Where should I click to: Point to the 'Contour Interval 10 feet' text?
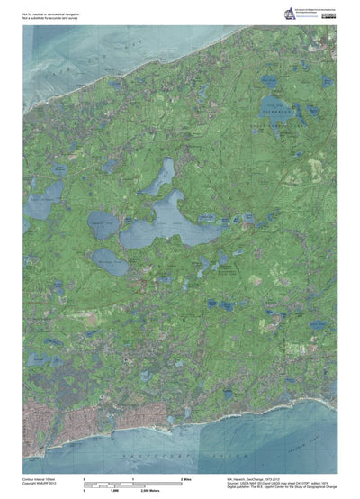(x=40, y=480)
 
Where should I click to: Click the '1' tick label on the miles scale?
(x=133, y=480)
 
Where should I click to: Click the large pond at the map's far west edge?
(x=45, y=202)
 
